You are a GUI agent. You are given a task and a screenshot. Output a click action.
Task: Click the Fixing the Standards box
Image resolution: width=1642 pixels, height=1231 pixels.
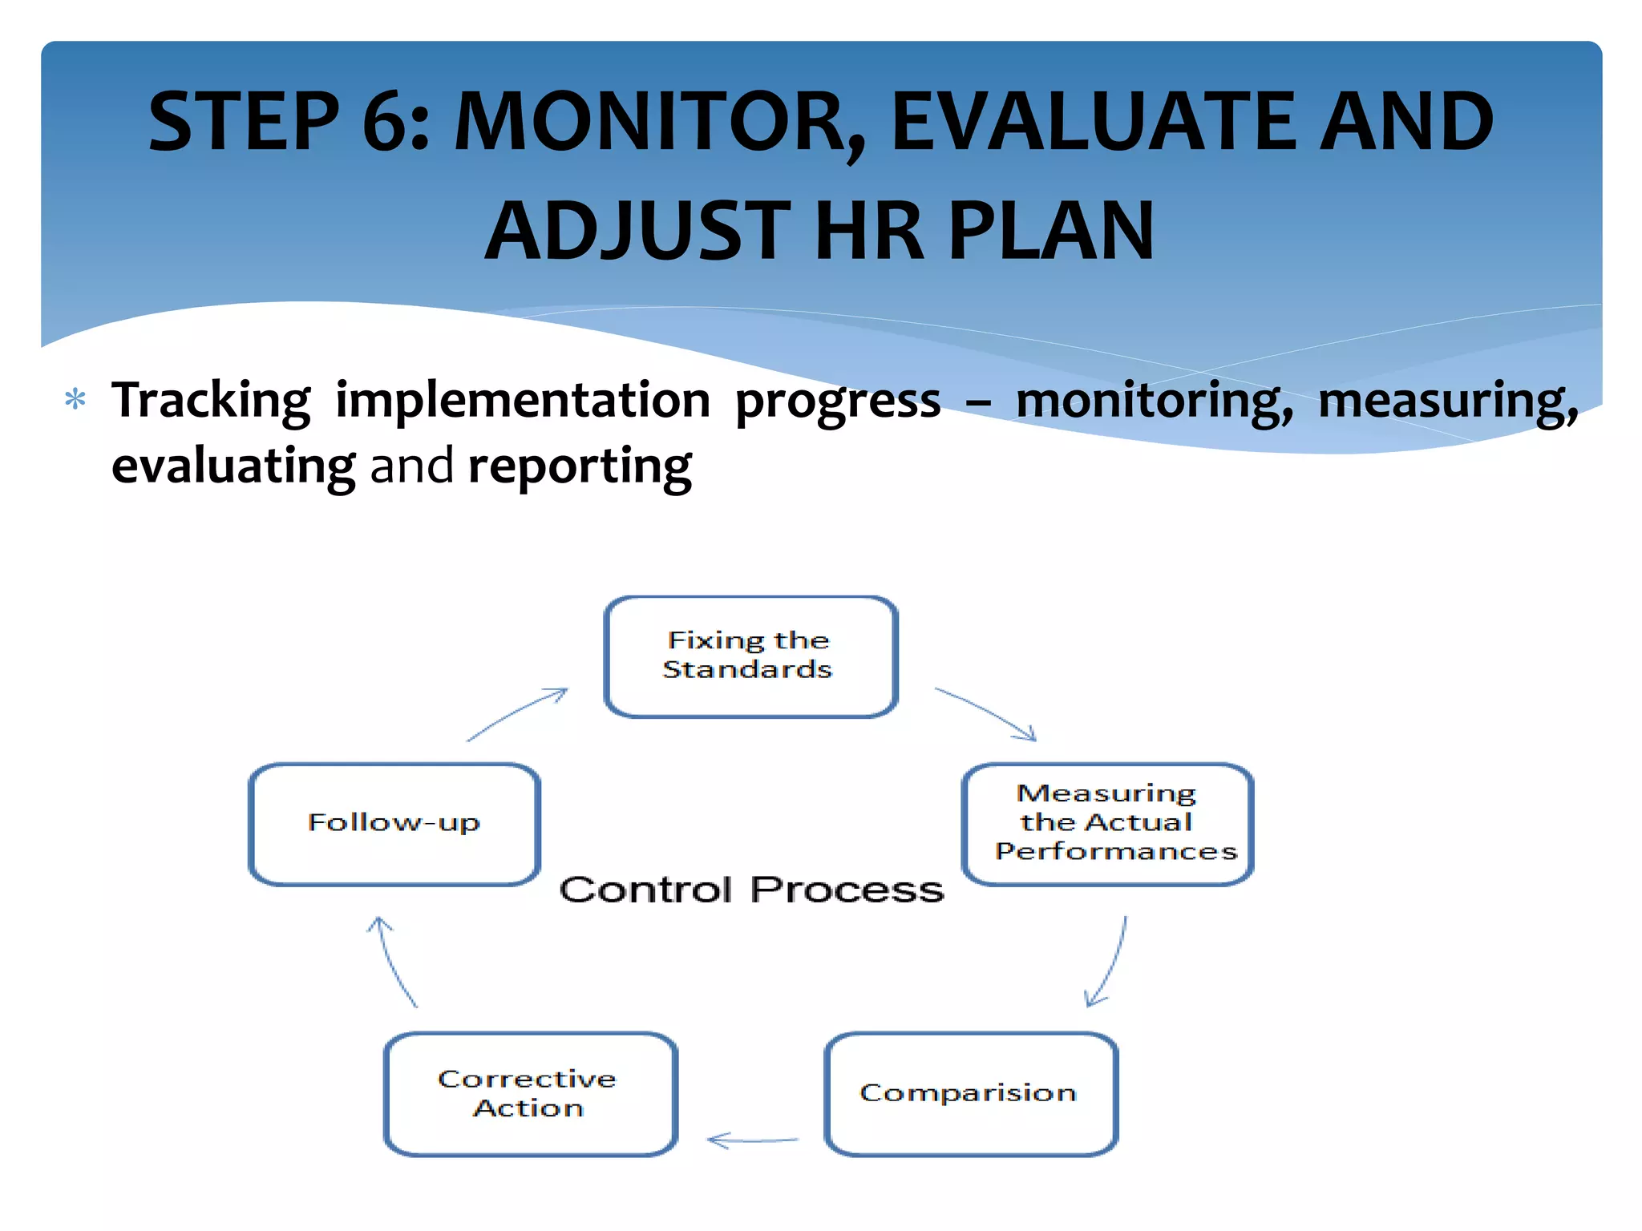(750, 656)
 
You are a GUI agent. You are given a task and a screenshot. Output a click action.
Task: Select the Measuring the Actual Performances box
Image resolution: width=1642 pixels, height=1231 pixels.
(1107, 823)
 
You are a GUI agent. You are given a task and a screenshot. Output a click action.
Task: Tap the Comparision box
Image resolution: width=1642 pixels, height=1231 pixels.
(970, 1093)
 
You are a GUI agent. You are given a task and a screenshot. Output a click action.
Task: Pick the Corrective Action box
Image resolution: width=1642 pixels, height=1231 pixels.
(530, 1093)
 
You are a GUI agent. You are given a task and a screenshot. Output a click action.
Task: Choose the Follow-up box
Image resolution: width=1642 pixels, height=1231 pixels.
(394, 823)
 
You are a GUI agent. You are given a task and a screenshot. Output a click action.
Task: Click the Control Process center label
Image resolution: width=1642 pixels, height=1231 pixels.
(751, 890)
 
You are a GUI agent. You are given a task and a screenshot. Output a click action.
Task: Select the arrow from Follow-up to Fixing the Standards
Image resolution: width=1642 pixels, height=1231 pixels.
(518, 712)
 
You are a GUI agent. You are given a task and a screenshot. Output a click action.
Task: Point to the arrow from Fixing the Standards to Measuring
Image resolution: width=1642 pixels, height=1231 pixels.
(987, 712)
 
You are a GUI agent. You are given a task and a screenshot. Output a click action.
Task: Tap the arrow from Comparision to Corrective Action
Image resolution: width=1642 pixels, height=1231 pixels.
(752, 1140)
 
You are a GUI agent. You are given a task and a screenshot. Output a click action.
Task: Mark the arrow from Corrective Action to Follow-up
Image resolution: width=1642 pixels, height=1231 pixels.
(394, 962)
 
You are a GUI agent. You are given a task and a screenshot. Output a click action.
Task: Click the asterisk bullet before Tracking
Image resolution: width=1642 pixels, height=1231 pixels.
(75, 399)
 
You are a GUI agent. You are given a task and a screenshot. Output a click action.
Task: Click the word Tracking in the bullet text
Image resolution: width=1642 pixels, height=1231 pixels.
(211, 401)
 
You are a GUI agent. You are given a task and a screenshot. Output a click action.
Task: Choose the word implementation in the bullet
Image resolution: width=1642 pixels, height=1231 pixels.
(522, 401)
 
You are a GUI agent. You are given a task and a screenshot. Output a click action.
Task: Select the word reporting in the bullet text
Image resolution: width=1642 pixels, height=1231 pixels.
(580, 466)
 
